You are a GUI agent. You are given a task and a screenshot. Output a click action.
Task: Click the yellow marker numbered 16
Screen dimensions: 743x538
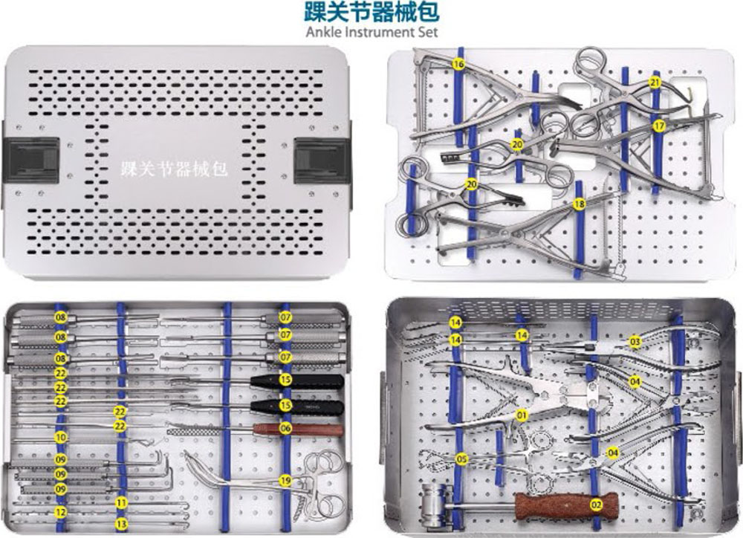click(x=458, y=64)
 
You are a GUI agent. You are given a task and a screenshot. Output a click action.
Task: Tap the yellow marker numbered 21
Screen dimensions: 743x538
click(x=655, y=82)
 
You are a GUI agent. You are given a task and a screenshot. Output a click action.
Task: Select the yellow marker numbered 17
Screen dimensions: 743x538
click(x=658, y=126)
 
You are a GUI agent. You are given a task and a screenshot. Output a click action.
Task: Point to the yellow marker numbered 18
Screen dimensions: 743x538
click(x=579, y=204)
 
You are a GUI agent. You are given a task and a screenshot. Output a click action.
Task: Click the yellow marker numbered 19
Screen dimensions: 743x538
click(x=285, y=481)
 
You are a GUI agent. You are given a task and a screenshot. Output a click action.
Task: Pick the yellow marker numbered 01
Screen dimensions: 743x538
click(x=522, y=415)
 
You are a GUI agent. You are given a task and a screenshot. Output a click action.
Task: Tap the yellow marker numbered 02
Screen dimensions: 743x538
click(x=596, y=505)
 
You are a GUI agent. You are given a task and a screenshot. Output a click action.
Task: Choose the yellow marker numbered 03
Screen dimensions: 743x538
click(x=635, y=341)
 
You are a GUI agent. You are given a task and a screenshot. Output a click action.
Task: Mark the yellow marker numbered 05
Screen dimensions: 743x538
click(x=461, y=458)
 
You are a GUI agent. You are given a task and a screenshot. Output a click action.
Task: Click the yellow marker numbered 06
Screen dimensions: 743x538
click(x=285, y=428)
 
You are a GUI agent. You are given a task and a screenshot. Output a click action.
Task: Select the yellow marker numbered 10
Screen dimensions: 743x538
click(x=61, y=437)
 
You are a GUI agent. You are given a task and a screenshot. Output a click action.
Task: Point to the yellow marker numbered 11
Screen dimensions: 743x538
click(x=121, y=502)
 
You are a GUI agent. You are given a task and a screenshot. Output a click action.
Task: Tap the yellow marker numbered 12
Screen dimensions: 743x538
click(x=60, y=512)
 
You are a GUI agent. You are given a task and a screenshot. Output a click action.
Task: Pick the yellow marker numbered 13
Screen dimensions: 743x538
click(x=121, y=524)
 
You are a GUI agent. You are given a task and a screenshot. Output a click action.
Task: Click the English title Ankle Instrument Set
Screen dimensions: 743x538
click(x=372, y=32)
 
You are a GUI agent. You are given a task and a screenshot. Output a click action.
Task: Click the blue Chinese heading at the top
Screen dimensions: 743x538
click(x=372, y=12)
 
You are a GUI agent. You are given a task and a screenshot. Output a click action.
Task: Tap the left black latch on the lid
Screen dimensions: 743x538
click(x=32, y=161)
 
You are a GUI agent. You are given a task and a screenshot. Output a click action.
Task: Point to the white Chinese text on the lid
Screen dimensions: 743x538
click(x=174, y=169)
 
